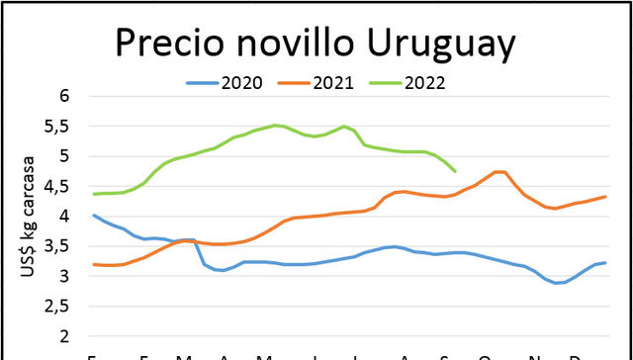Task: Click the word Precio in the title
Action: click(173, 44)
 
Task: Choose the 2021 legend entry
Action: click(335, 82)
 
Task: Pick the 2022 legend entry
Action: click(428, 82)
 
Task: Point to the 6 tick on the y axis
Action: click(66, 97)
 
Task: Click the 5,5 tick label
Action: click(59, 127)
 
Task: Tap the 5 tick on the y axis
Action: click(66, 156)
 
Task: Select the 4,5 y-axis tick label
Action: click(59, 187)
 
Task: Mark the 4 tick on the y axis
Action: click(66, 217)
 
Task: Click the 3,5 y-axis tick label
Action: click(59, 246)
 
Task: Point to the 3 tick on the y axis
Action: click(66, 276)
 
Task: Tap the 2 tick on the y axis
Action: click(66, 336)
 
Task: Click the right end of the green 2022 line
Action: click(455, 171)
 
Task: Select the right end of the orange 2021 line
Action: click(605, 197)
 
